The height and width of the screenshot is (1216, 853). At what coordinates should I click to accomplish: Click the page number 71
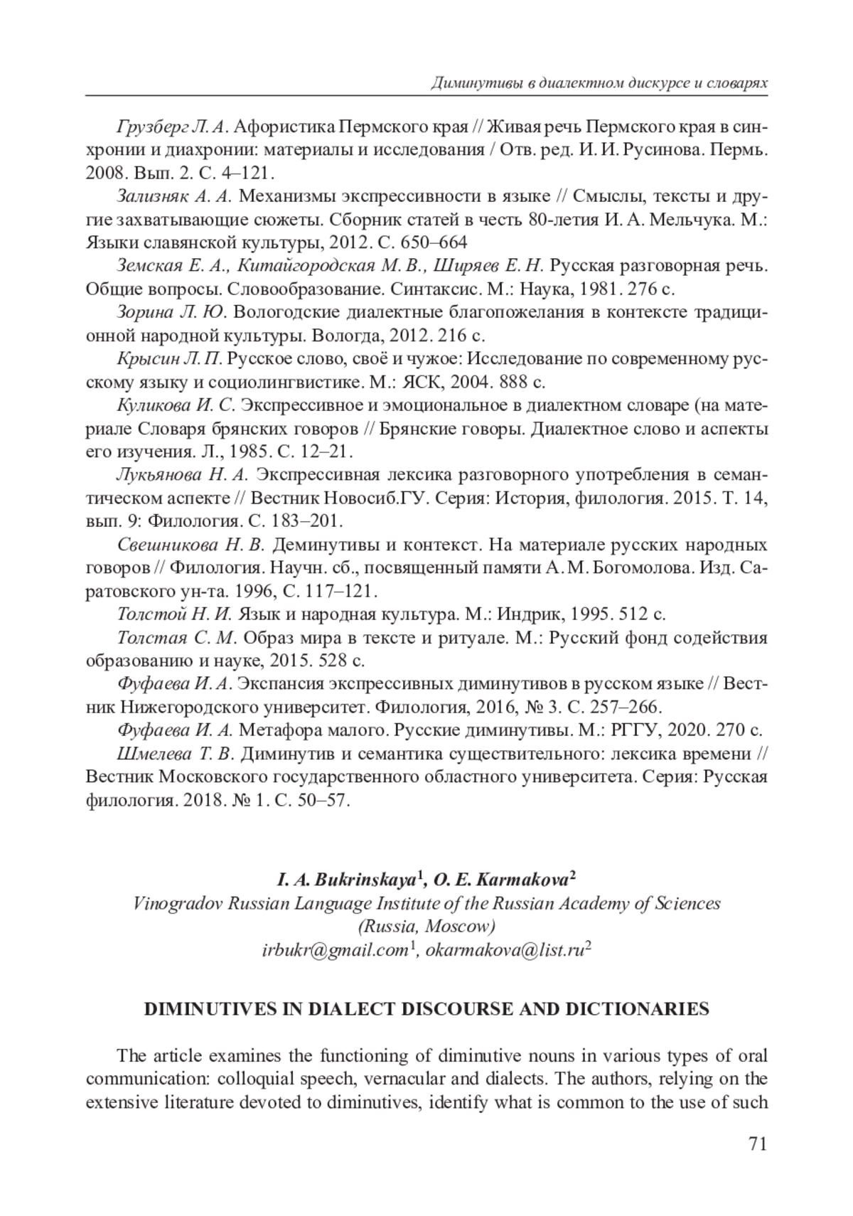757,1144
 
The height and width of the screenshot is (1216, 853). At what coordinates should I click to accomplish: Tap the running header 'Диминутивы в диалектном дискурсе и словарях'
599,82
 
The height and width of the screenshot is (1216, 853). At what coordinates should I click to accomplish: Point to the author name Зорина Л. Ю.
171,312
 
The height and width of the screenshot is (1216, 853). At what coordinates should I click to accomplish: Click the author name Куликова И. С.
176,405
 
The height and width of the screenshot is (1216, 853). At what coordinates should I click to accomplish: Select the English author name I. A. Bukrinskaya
347,880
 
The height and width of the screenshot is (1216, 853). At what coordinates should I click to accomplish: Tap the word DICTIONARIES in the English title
638,1009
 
